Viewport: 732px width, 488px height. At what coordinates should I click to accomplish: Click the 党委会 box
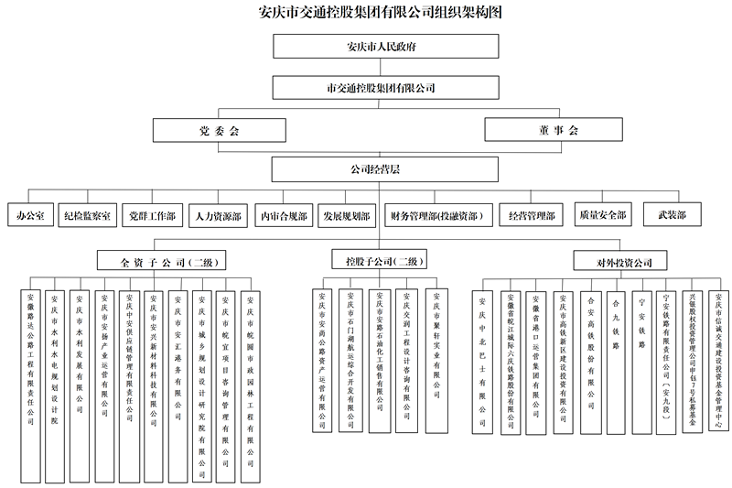click(219, 131)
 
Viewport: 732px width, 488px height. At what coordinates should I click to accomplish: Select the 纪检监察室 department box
click(87, 216)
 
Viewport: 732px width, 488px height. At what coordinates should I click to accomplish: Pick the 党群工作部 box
click(153, 216)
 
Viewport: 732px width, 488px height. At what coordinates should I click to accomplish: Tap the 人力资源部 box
click(218, 216)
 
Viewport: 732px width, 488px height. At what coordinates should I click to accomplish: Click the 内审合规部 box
click(282, 216)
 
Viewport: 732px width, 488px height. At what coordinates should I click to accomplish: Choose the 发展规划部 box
click(346, 216)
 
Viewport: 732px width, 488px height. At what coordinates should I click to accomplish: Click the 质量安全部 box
click(601, 216)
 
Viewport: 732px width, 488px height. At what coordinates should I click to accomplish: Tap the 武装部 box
click(665, 216)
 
